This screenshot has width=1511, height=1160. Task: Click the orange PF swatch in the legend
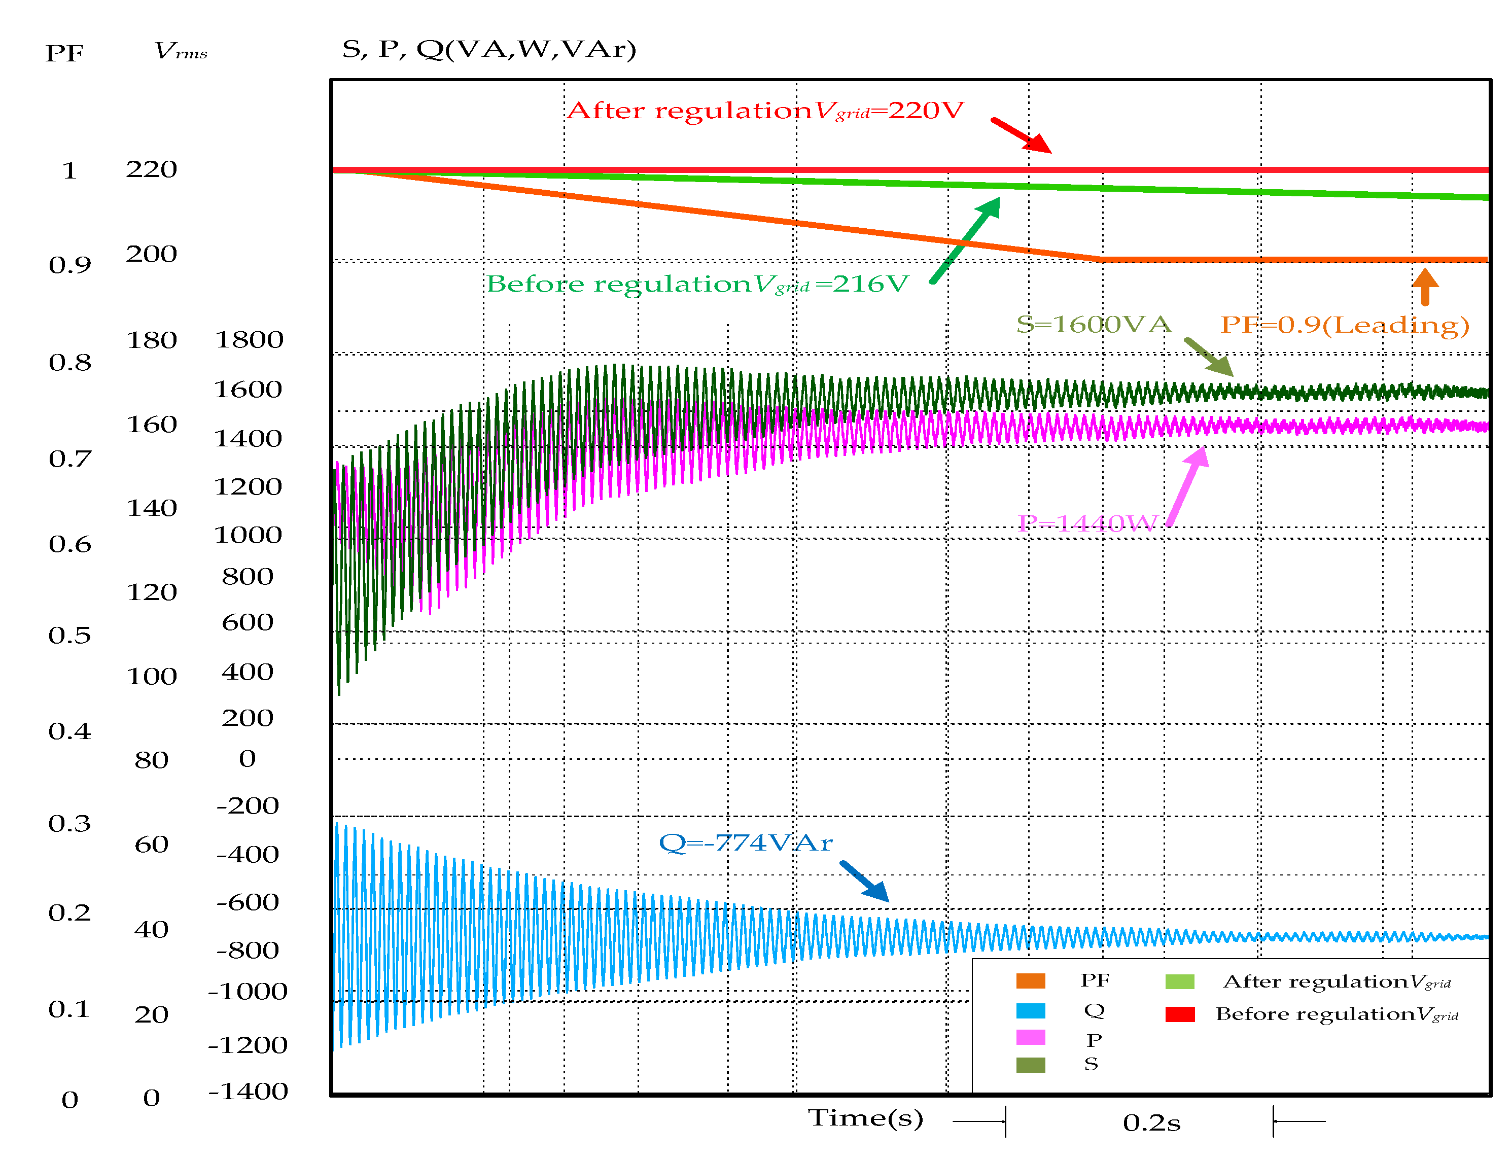point(1030,981)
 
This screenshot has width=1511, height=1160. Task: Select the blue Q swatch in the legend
point(1030,1011)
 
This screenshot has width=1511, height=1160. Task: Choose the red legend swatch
point(1179,1014)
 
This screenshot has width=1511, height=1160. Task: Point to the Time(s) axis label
point(865,1118)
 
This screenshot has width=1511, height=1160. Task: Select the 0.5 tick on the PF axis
point(69,635)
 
